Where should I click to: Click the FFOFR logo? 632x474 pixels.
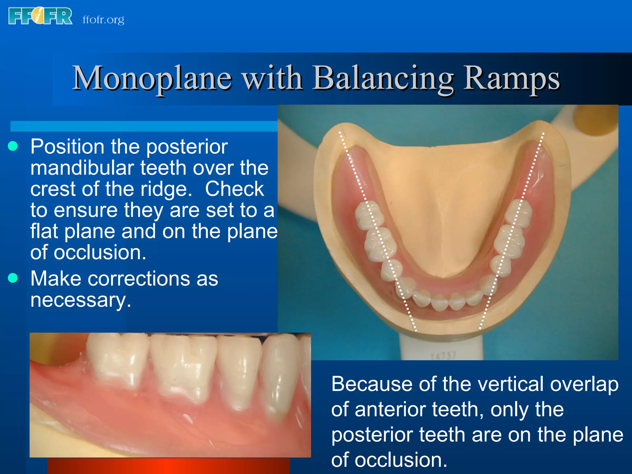[40, 16]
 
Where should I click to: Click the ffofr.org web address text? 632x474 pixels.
[103, 20]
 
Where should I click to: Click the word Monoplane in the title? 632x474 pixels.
[152, 78]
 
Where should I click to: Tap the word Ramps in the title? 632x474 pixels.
[511, 78]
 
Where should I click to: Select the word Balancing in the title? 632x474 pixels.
[383, 78]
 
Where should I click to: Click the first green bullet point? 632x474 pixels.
[13, 146]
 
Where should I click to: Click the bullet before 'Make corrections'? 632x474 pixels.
[13, 278]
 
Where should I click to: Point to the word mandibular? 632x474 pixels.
[82, 168]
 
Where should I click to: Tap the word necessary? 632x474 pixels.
[81, 300]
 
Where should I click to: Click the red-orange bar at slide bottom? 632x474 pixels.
[168, 466]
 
